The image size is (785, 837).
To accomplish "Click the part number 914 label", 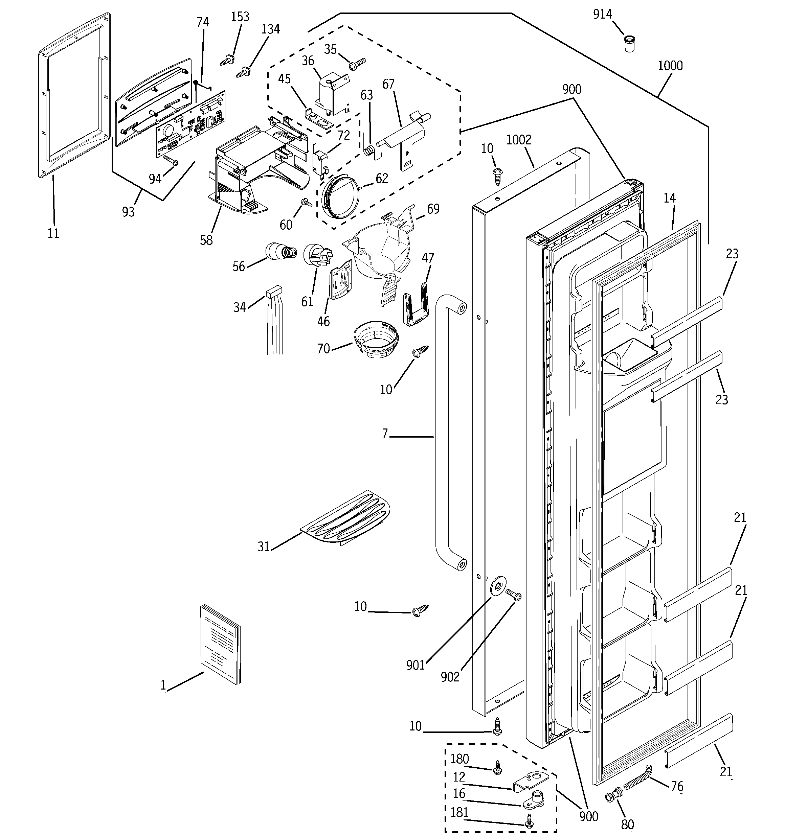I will pyautogui.click(x=602, y=15).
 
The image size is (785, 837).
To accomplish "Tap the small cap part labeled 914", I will pyautogui.click(x=629, y=44).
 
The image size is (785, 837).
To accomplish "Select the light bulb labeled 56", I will pyautogui.click(x=280, y=252).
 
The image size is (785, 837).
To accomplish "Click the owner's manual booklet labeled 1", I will pyautogui.click(x=220, y=644).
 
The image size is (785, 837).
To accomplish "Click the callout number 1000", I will pyautogui.click(x=670, y=66).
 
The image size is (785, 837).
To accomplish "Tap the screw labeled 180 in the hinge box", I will pyautogui.click(x=498, y=767).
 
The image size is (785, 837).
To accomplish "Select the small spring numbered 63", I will pyautogui.click(x=369, y=149).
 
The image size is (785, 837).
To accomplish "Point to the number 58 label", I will pyautogui.click(x=206, y=240).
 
